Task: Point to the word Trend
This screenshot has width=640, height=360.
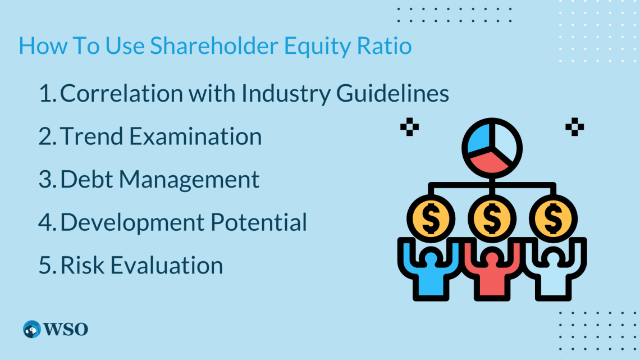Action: (x=89, y=136)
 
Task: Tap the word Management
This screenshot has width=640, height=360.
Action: (x=189, y=180)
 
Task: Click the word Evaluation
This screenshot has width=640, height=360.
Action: (x=167, y=265)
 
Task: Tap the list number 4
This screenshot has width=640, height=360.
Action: (x=45, y=222)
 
